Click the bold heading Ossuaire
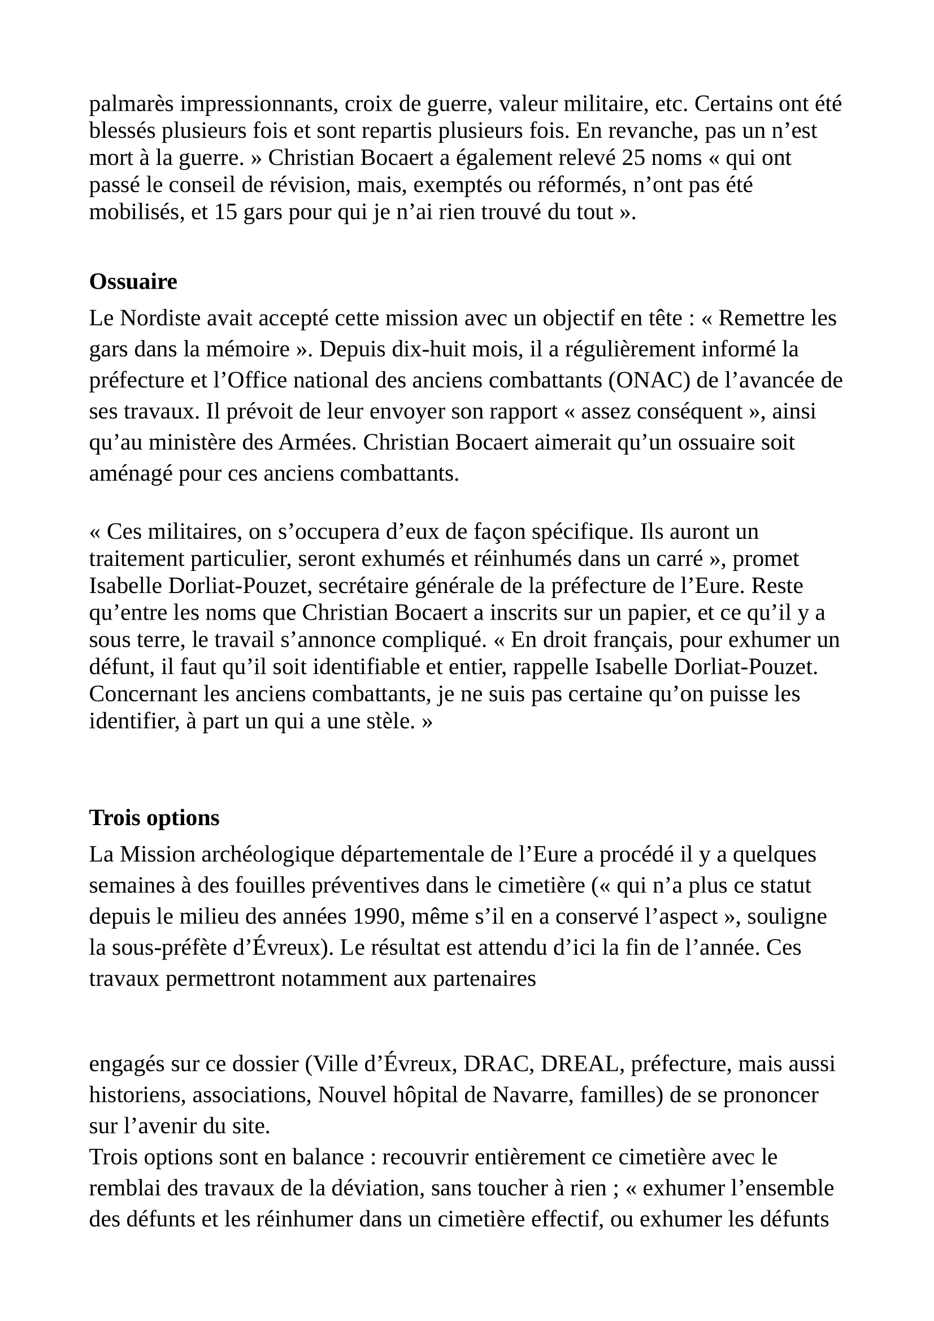tap(133, 282)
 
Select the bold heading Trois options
tap(154, 818)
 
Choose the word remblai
tap(127, 1188)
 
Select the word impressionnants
tap(258, 104)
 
